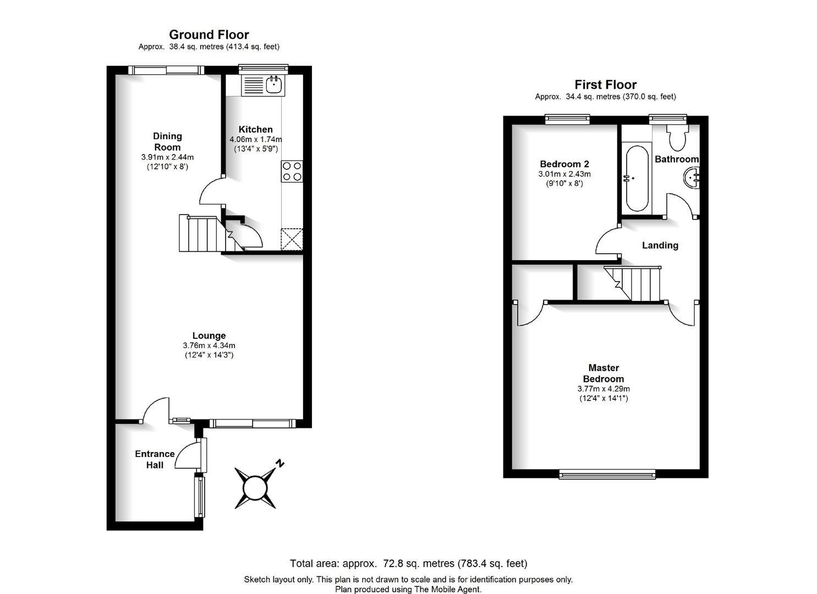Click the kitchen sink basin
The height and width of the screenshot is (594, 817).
click(x=273, y=85)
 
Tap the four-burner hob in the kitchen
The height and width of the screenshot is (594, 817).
click(x=292, y=172)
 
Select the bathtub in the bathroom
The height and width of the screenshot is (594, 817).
click(x=637, y=178)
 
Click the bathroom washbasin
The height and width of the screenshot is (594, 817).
click(x=691, y=178)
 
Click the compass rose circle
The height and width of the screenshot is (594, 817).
click(x=255, y=488)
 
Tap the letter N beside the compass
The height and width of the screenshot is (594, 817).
click(x=279, y=464)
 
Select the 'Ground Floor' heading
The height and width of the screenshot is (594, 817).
click(x=209, y=35)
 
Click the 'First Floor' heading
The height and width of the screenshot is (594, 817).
click(x=605, y=85)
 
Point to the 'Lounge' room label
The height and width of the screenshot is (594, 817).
click(x=209, y=335)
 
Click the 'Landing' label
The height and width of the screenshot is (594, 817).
click(x=660, y=245)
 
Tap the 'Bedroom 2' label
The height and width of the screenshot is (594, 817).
click(x=564, y=164)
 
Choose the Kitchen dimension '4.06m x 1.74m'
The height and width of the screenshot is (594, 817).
click(x=256, y=139)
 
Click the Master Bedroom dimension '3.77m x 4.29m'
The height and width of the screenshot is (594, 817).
click(x=604, y=389)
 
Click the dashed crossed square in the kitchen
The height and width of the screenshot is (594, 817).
click(x=292, y=239)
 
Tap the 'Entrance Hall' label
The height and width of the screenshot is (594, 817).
click(x=155, y=459)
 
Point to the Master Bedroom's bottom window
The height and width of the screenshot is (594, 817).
click(x=607, y=474)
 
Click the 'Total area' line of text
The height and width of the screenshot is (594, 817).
click(x=408, y=564)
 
